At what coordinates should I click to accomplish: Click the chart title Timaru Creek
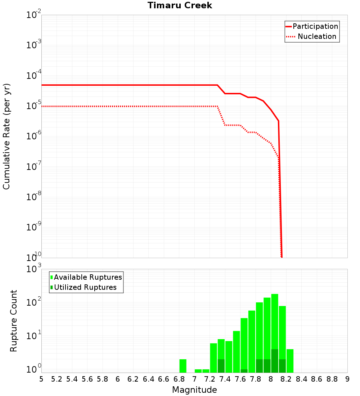point(180,6)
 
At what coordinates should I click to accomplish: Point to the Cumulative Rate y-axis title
point(6,136)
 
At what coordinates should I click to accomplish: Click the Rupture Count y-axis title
point(14,321)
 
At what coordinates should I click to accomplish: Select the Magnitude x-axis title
point(194,390)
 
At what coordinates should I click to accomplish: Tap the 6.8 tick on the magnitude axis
point(179,379)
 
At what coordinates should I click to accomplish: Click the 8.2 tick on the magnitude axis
point(286,379)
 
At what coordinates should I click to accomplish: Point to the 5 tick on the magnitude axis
point(41,379)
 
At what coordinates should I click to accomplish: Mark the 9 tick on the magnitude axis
point(347,379)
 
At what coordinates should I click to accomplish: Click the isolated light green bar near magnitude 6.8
point(183,366)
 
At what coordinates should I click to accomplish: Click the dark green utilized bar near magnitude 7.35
point(221,366)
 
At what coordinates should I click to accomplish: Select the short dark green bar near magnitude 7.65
point(244,371)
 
